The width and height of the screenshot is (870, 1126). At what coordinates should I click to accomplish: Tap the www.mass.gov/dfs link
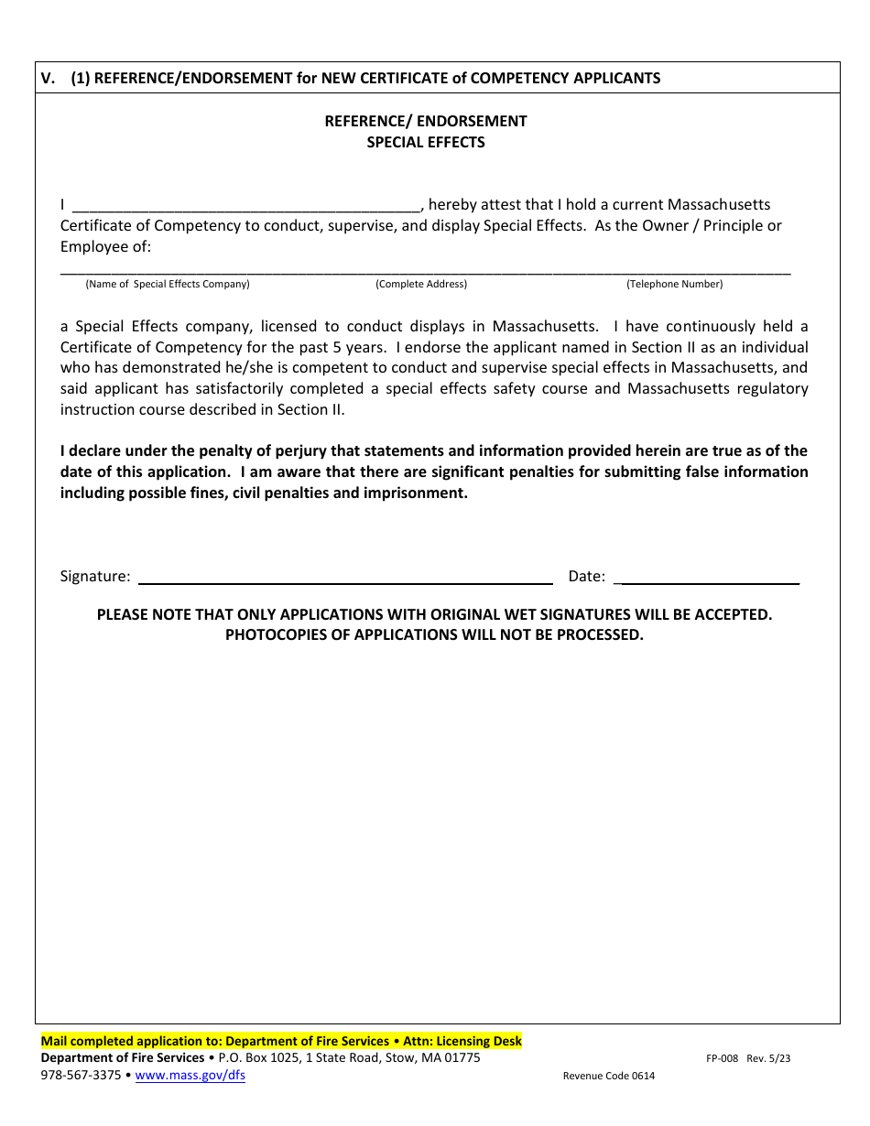pyautogui.click(x=190, y=1076)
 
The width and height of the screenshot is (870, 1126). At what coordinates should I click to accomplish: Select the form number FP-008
pyautogui.click(x=722, y=1058)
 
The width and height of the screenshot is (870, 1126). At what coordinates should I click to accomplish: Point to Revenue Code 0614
pyautogui.click(x=608, y=1077)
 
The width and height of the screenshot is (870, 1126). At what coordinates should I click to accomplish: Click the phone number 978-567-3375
pyautogui.click(x=81, y=1076)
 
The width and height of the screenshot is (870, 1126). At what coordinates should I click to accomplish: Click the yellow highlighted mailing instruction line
pyautogui.click(x=281, y=1041)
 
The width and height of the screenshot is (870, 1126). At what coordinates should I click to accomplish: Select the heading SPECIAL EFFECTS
pyautogui.click(x=426, y=142)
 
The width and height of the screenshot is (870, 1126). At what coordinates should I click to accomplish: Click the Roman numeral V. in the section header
pyautogui.click(x=49, y=78)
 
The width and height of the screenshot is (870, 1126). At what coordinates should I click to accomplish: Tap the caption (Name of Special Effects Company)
pyautogui.click(x=168, y=284)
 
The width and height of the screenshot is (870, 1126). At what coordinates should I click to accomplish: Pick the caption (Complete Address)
pyautogui.click(x=421, y=284)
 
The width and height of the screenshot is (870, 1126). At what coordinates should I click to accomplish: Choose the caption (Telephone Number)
pyautogui.click(x=674, y=284)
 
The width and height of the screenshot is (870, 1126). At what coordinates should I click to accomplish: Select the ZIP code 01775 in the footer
pyautogui.click(x=462, y=1058)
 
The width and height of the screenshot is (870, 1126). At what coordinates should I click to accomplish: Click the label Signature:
pyautogui.click(x=95, y=576)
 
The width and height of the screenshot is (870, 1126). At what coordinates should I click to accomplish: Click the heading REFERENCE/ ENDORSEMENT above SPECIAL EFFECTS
pyautogui.click(x=426, y=121)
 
